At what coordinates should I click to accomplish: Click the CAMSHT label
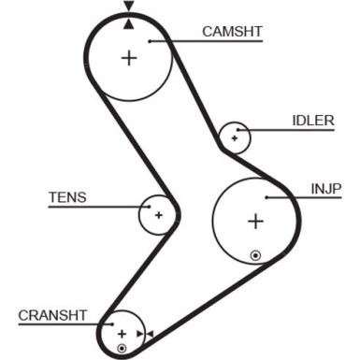tap(232, 31)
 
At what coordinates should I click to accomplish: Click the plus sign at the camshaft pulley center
tap(128, 58)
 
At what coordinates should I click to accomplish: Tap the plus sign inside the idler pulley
tap(235, 139)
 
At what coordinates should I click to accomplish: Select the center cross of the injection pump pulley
tap(254, 222)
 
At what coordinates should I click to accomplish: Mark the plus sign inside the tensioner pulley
tap(159, 215)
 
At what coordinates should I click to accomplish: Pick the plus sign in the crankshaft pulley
tap(121, 333)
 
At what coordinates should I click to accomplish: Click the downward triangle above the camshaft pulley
tap(128, 8)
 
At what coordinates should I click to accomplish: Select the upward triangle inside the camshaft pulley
tap(128, 22)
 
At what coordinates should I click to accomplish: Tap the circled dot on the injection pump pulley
tap(254, 254)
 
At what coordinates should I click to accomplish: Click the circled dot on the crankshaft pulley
tap(121, 349)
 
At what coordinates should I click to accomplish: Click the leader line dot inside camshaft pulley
tap(149, 40)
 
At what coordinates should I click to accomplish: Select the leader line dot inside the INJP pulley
tap(266, 197)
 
